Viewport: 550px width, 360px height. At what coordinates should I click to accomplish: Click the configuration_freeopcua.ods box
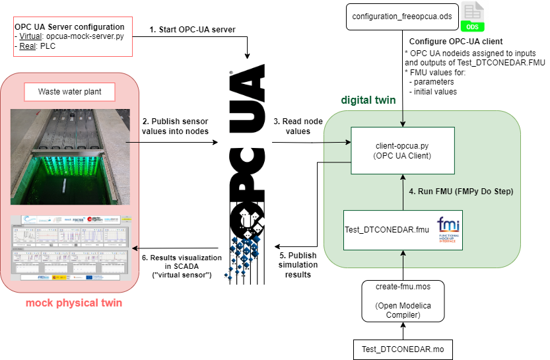point(401,17)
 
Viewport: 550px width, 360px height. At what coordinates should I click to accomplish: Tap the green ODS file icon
point(473,17)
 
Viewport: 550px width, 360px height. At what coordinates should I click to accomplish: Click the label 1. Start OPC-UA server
point(192,29)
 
